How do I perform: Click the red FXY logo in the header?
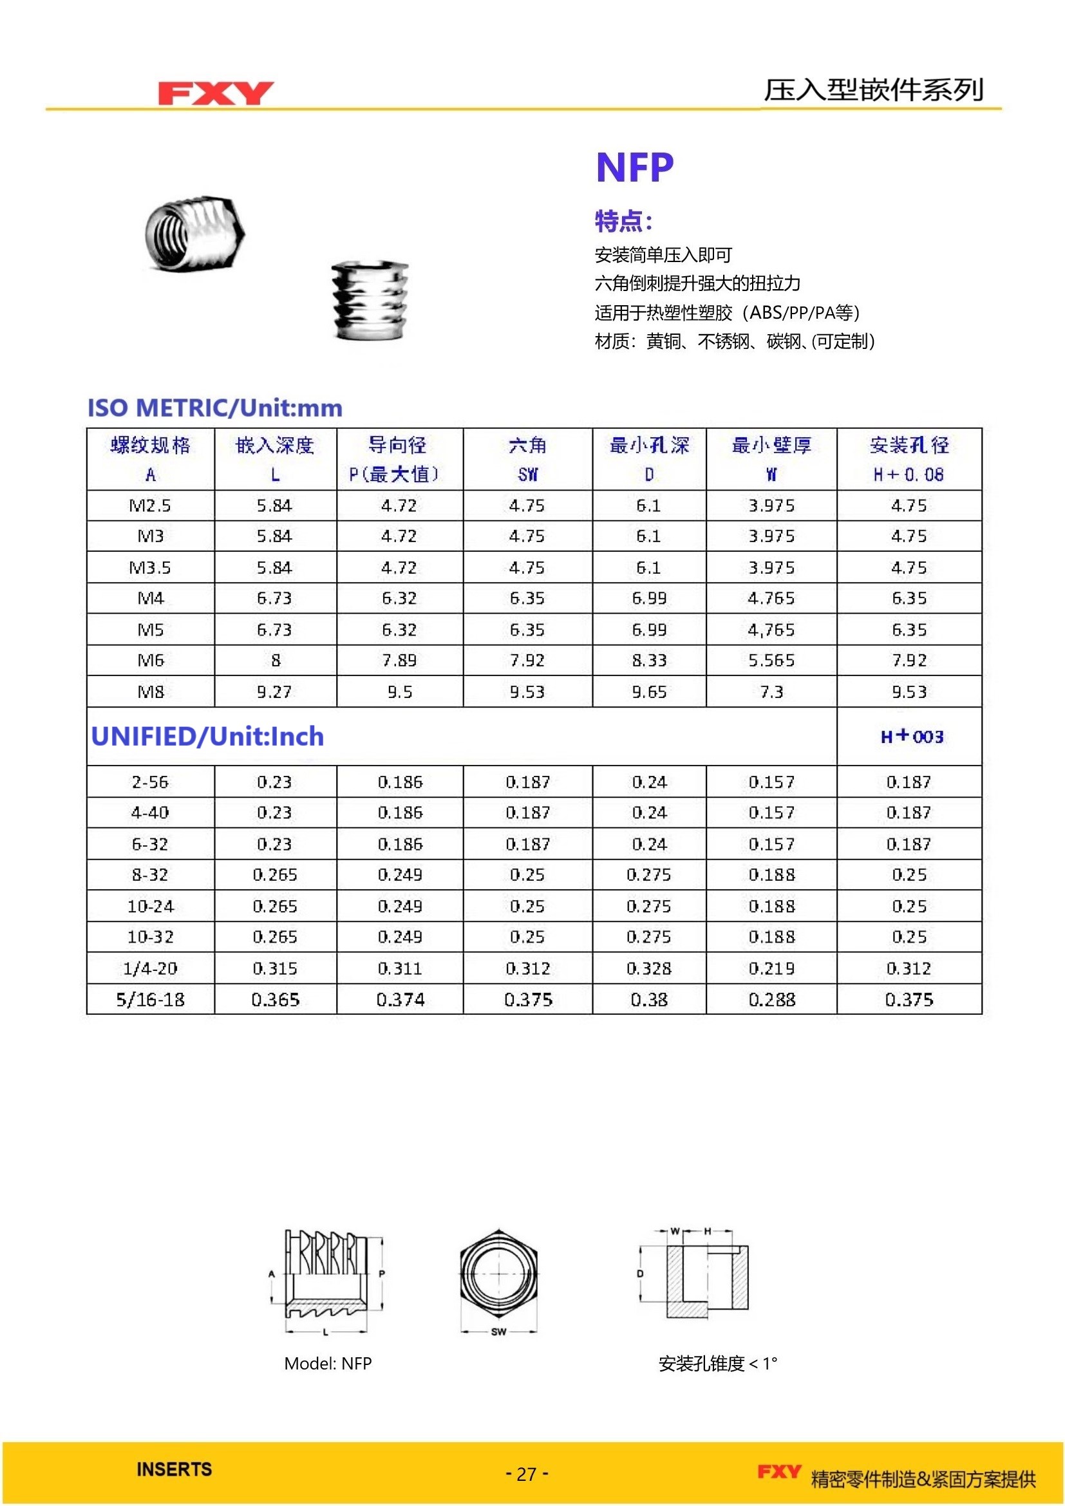point(215,93)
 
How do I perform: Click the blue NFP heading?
point(634,167)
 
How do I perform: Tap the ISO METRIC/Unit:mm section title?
point(215,408)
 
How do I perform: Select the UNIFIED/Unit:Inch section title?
point(207,737)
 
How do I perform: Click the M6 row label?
point(150,661)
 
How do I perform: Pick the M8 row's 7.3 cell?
point(771,692)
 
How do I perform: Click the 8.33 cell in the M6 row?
point(648,661)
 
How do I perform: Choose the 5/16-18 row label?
point(150,1000)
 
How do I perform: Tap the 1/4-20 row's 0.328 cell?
point(648,969)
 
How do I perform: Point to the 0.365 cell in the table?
point(275,1000)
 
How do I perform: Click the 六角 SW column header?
point(527,459)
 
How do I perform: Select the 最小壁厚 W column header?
point(771,459)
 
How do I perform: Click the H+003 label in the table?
point(912,737)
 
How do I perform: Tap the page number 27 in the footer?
point(527,1474)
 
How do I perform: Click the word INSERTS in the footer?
point(174,1469)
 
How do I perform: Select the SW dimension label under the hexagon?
point(498,1332)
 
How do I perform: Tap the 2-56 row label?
point(150,782)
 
